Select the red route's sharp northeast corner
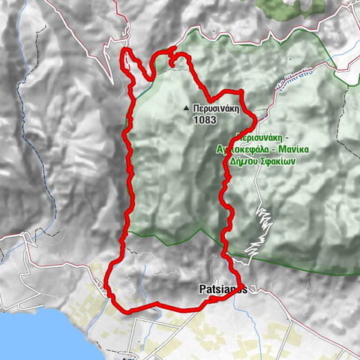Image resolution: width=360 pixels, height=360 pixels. tap(243, 91)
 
